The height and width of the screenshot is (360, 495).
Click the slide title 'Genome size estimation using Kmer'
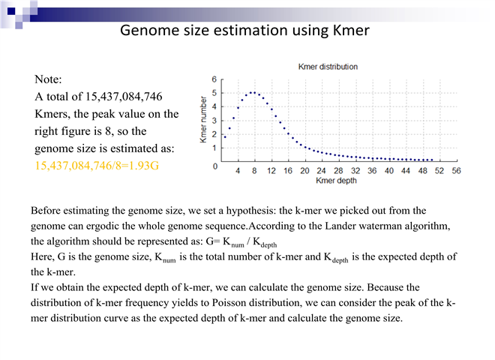[244, 31]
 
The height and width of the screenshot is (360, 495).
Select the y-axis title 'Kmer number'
[202, 121]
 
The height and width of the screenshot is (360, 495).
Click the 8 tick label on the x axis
[254, 171]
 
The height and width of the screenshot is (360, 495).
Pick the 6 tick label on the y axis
[215, 79]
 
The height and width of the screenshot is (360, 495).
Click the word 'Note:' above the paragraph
[49, 79]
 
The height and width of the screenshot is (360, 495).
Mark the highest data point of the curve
[253, 93]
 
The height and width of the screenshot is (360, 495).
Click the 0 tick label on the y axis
[215, 166]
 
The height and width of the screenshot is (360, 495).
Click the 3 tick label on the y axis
[215, 120]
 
